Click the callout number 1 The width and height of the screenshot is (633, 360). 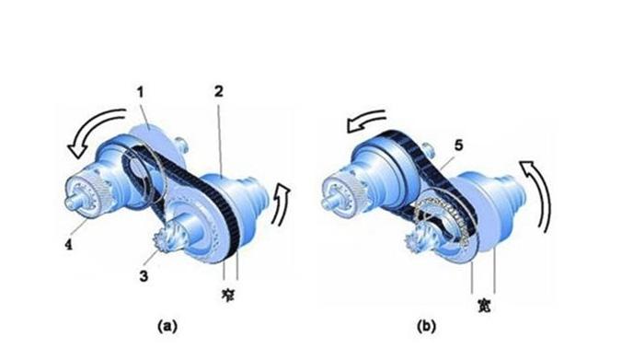(x=140, y=93)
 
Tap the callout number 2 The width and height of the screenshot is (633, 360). (x=218, y=91)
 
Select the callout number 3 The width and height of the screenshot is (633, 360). (x=144, y=276)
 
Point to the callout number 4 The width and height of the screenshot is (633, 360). (x=69, y=244)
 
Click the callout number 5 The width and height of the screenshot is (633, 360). (x=458, y=145)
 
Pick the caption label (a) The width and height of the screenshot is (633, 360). (x=167, y=326)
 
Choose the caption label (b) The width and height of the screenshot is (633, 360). (x=426, y=326)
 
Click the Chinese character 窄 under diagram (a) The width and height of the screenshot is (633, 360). (x=228, y=295)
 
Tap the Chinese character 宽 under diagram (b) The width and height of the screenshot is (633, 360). (x=484, y=306)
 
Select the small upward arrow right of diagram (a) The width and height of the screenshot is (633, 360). (x=281, y=204)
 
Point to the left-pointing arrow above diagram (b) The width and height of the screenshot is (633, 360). (x=365, y=121)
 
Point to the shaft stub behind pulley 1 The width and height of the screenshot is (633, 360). (x=181, y=145)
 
